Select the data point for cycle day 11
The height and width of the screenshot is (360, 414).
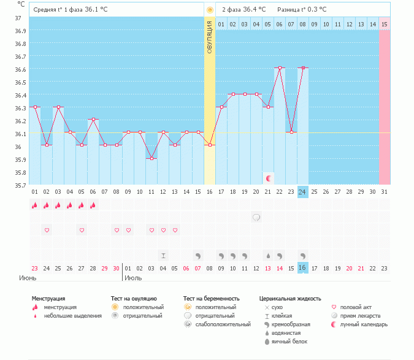coord(151,158)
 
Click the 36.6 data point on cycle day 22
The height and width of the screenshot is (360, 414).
coord(280,68)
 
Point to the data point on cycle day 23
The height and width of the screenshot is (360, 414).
coord(291,132)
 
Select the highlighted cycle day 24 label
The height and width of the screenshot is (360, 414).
coord(302,192)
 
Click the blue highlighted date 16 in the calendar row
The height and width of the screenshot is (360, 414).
coord(302,268)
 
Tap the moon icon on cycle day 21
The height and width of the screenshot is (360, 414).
coord(269,178)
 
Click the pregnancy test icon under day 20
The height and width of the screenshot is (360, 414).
coord(256,217)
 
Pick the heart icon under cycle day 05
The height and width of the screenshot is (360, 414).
coord(82,230)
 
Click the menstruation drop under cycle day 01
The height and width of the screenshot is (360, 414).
coord(35,205)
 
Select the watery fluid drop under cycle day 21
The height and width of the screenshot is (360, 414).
coord(268,255)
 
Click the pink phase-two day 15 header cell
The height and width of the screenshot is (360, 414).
coord(384,24)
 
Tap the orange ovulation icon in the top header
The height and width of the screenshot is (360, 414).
coord(210,10)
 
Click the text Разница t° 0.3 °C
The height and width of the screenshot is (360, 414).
coord(302,10)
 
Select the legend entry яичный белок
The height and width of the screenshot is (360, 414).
coord(289,341)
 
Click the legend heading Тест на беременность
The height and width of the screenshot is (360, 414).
coord(209,298)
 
